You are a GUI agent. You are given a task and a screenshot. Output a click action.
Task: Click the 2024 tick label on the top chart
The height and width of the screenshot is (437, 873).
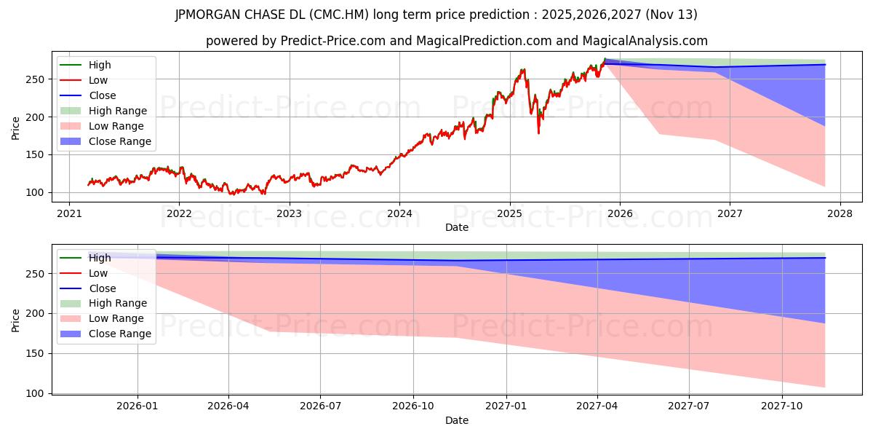point(399,214)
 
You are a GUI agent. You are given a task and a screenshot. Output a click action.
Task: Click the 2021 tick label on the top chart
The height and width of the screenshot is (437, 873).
point(69,214)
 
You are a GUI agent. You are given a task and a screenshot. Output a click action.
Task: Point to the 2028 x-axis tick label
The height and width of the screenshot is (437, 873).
point(840,214)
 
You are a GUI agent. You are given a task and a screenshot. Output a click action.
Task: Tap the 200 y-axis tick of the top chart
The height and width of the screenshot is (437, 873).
point(41,117)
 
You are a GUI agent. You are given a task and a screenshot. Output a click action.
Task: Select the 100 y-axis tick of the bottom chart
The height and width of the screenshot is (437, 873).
point(41,393)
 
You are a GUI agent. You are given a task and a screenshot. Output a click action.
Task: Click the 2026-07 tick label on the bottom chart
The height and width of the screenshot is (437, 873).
point(321,406)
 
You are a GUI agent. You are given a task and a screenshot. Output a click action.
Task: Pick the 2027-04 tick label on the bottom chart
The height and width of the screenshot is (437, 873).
point(597,406)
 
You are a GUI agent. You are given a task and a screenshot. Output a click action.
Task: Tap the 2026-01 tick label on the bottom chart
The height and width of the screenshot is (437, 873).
point(137,406)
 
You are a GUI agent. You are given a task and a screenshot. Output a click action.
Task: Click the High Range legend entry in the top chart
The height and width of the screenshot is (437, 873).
point(117,111)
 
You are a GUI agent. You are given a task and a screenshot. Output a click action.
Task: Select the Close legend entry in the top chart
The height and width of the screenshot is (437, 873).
point(102,95)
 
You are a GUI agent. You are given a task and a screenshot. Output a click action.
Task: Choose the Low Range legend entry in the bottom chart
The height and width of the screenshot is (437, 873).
point(116,318)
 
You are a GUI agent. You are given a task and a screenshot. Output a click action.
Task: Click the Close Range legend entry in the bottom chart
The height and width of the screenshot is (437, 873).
point(120,334)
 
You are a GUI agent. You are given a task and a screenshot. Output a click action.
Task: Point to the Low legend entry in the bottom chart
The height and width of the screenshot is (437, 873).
point(98,273)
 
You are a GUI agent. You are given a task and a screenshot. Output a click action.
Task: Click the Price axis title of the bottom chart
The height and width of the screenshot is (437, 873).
point(16,320)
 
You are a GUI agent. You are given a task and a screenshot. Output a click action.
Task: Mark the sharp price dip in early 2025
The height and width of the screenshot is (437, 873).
point(538,132)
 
